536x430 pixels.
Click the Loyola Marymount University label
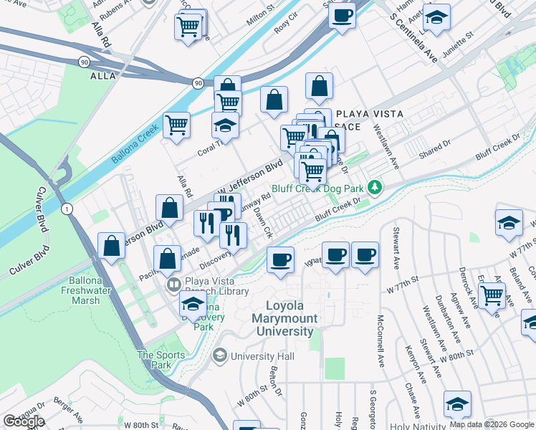285,318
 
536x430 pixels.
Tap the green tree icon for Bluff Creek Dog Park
373,188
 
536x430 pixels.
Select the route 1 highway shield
66,208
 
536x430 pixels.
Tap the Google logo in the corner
24,421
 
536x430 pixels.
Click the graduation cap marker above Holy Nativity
457,403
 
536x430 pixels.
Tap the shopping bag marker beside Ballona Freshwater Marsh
113,245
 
